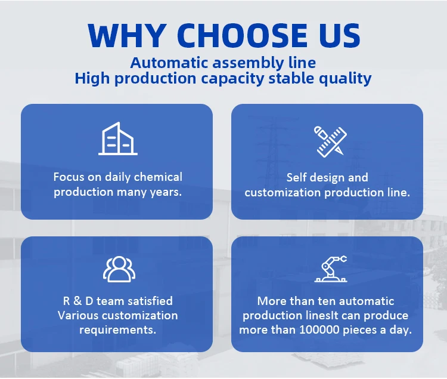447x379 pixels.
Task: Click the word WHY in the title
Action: (x=128, y=35)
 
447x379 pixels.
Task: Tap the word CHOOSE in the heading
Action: (x=243, y=35)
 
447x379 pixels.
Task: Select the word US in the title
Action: (x=340, y=35)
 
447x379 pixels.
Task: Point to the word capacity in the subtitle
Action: (x=232, y=79)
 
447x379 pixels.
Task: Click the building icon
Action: (x=118, y=138)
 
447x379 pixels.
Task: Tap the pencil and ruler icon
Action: (x=330, y=141)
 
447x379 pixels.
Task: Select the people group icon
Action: (x=119, y=269)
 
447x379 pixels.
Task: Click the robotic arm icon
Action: (x=331, y=269)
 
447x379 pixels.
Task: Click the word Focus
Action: (x=69, y=177)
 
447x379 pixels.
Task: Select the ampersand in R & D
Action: (x=77, y=301)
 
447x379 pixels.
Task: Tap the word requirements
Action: (x=118, y=330)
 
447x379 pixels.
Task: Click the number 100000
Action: (x=319, y=330)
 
